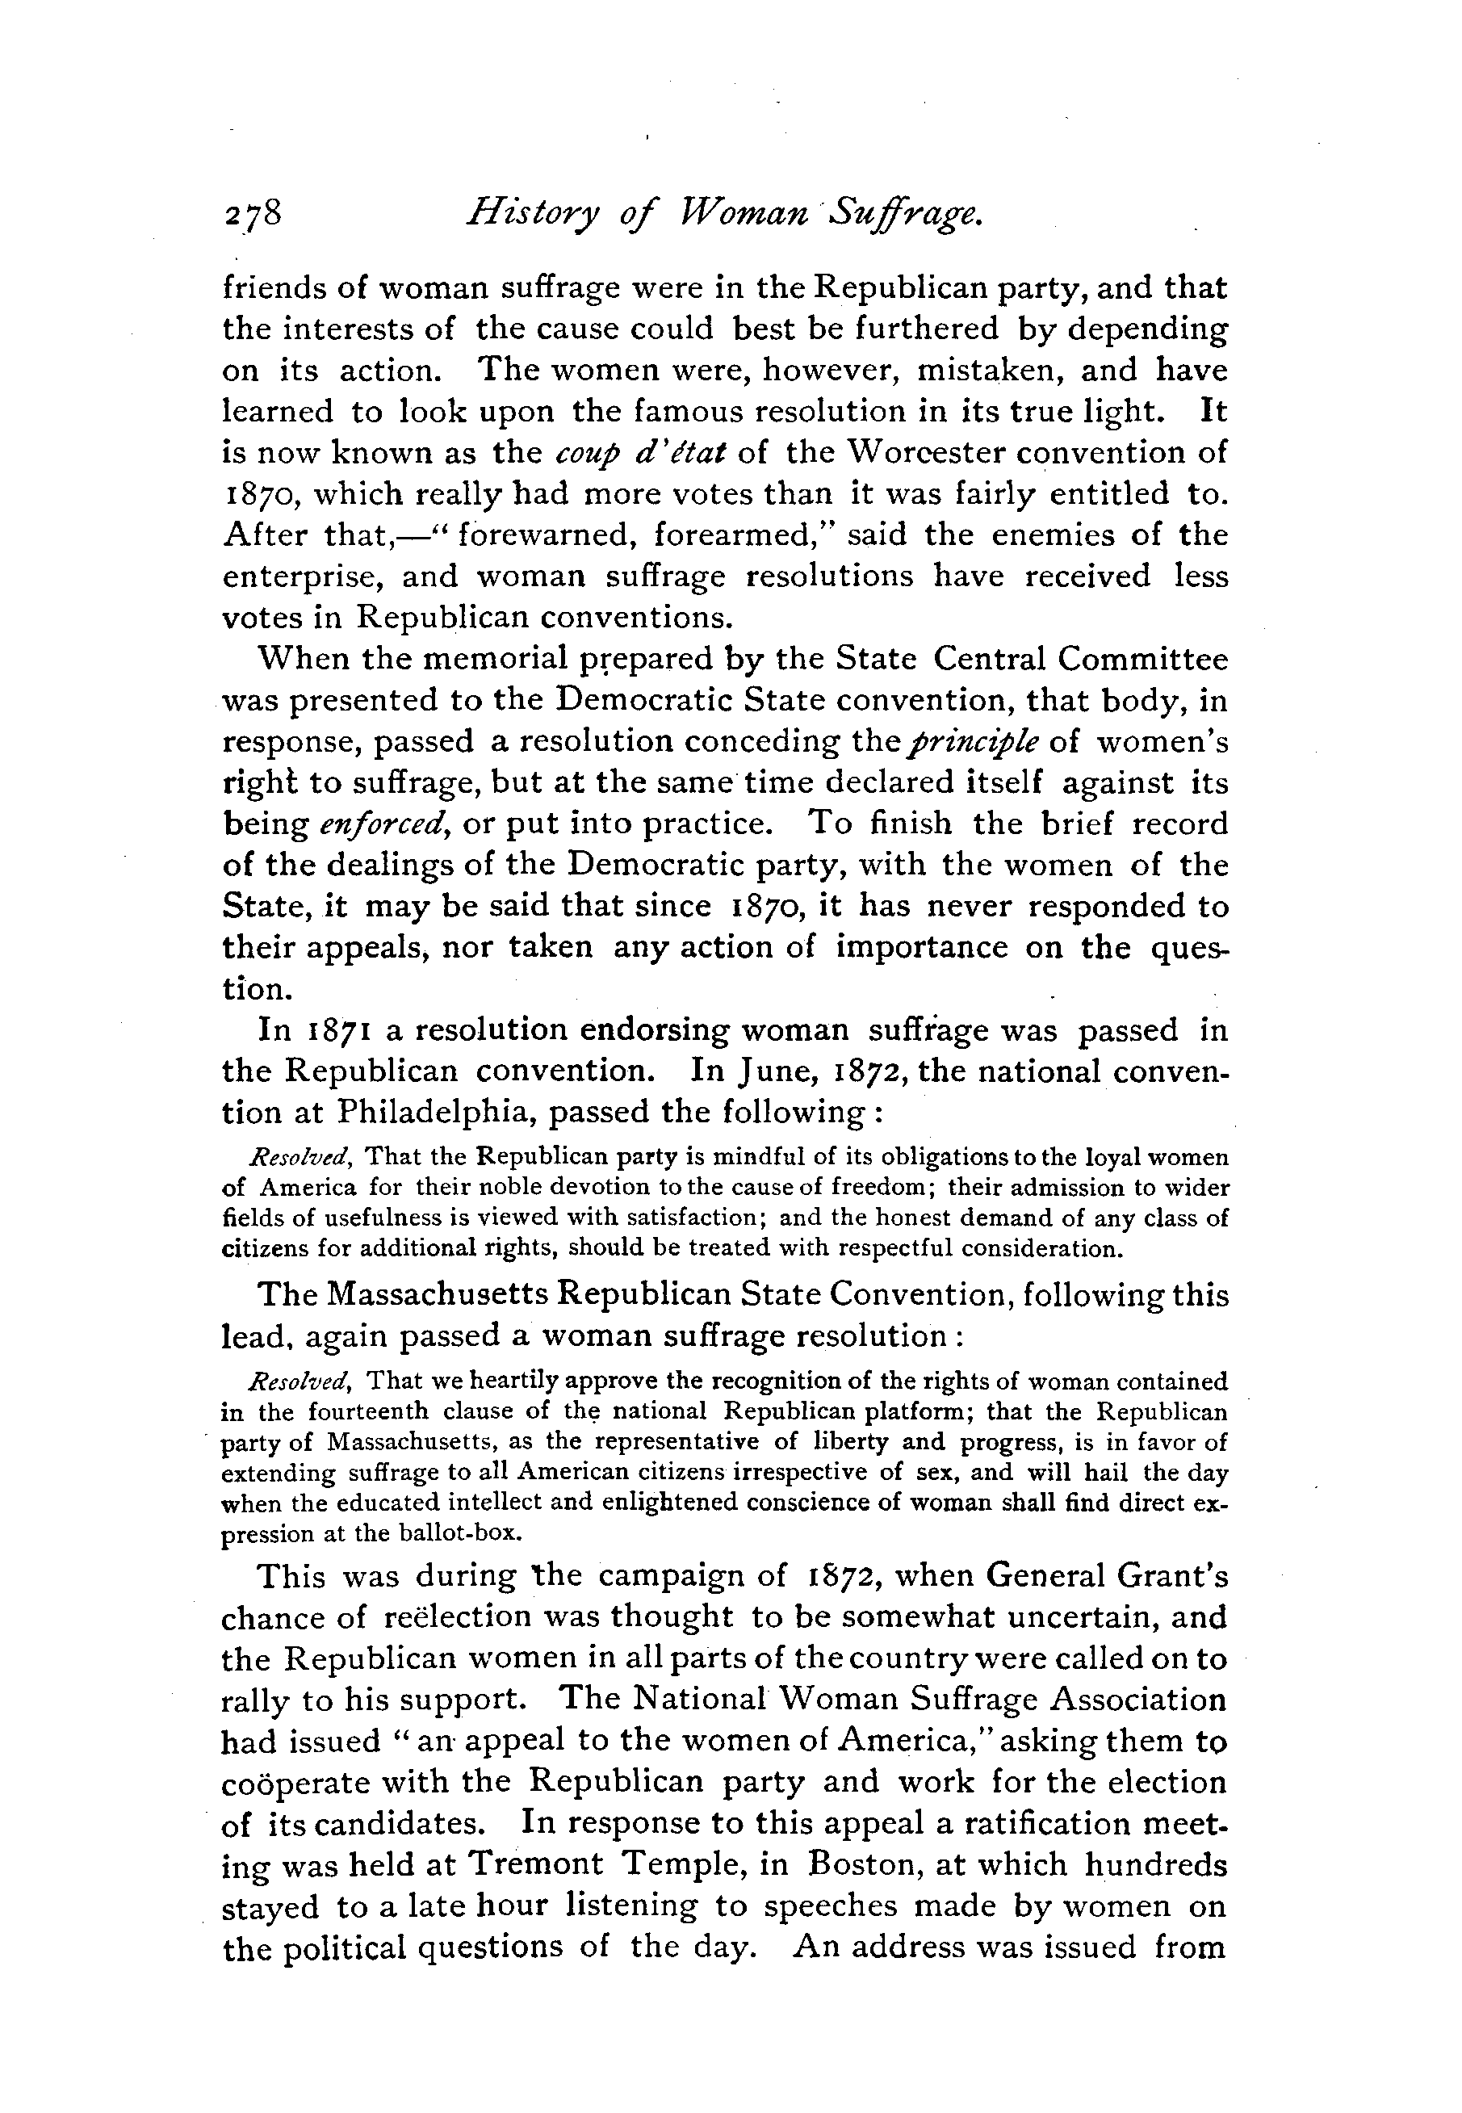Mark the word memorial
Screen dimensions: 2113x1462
click(453, 660)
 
